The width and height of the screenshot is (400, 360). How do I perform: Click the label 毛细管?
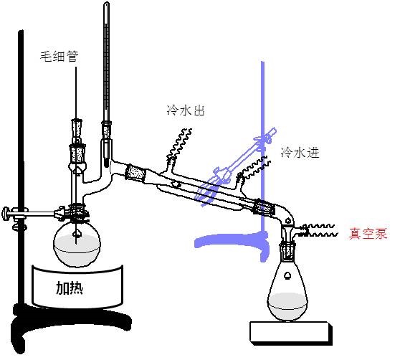[59, 56]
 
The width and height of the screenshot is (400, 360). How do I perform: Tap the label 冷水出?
[186, 110]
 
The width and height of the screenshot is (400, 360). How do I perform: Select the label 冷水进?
[300, 152]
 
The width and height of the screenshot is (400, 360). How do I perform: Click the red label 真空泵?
[368, 233]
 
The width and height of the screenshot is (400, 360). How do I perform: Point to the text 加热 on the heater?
[70, 288]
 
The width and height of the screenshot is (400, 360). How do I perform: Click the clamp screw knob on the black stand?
[5, 214]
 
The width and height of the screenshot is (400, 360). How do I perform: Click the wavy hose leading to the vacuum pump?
[320, 230]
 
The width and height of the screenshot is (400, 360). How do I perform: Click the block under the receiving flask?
[291, 333]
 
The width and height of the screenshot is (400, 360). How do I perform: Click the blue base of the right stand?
[232, 242]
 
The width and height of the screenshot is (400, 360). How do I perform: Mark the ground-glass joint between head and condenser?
[135, 174]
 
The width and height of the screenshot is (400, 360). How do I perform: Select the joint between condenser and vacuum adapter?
[265, 207]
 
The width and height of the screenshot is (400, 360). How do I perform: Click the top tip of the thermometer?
[107, 3]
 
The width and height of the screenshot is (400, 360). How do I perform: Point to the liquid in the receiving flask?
[287, 306]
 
